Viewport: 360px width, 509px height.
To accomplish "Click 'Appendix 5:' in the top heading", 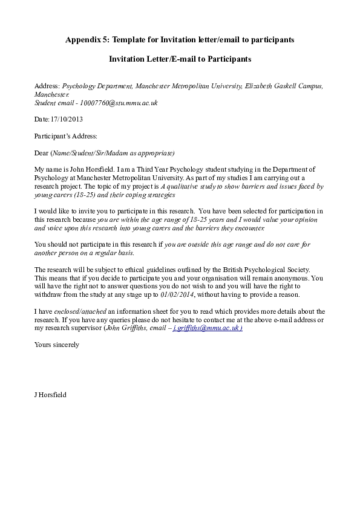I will pos(86,40).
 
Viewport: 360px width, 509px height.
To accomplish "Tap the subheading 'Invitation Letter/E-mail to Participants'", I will pos(180,59).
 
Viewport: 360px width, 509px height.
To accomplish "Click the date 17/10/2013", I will pos(67,119).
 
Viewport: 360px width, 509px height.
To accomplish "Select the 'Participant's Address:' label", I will pos(65,136).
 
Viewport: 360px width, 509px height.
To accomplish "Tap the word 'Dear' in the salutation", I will pos(42,152).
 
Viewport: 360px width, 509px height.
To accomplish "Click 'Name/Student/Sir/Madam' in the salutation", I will pos(88,152).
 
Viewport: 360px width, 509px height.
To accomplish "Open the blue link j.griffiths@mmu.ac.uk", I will pos(208,328).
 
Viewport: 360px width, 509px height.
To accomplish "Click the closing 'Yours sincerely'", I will pos(56,345).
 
